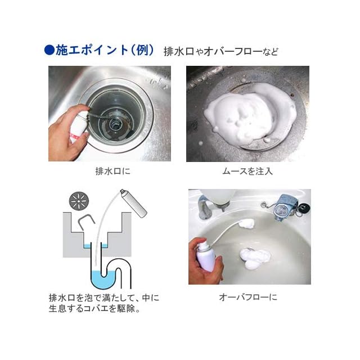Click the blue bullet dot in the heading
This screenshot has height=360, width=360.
pyautogui.click(x=49, y=50)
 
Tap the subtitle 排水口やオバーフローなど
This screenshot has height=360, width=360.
pyautogui.click(x=221, y=51)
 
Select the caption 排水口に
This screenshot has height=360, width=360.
pyautogui.click(x=112, y=171)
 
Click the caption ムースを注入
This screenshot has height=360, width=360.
pyautogui.click(x=247, y=171)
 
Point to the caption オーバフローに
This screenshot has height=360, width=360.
pyautogui.click(x=248, y=298)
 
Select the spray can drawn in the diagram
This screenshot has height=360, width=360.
pyautogui.click(x=134, y=203)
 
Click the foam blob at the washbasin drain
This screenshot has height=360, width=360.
pyautogui.click(x=254, y=258)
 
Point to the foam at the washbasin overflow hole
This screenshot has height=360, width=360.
pyautogui.click(x=246, y=223)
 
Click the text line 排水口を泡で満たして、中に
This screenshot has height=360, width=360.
pyautogui.click(x=104, y=298)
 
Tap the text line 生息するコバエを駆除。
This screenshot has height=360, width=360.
pyautogui.click(x=94, y=309)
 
